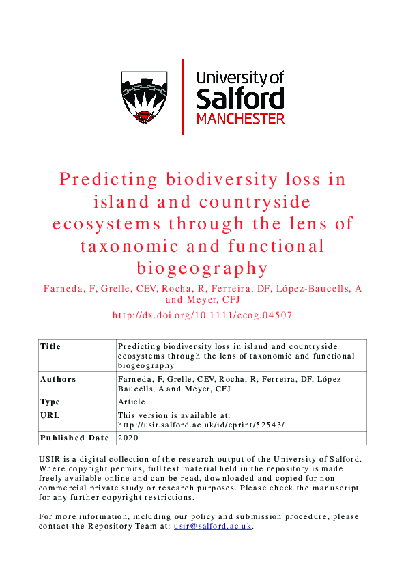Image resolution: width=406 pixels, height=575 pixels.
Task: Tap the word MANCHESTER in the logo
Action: coord(240,118)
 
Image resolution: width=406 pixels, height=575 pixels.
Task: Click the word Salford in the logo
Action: coord(240,98)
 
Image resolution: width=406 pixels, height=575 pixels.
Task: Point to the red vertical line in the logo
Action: coord(183,96)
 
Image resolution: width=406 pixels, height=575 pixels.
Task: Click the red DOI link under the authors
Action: coord(203,315)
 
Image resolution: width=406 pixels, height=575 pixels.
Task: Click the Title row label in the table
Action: coord(50,346)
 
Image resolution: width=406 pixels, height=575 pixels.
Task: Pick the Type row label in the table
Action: coord(50,402)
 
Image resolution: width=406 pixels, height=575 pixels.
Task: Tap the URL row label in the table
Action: coord(48,415)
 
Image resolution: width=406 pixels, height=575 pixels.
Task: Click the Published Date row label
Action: coord(74,438)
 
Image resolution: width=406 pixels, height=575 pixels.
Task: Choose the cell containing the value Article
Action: coord(132,402)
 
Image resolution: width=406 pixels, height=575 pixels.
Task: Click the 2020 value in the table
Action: coord(128,438)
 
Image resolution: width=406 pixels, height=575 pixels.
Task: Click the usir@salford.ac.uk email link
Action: coord(213,527)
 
